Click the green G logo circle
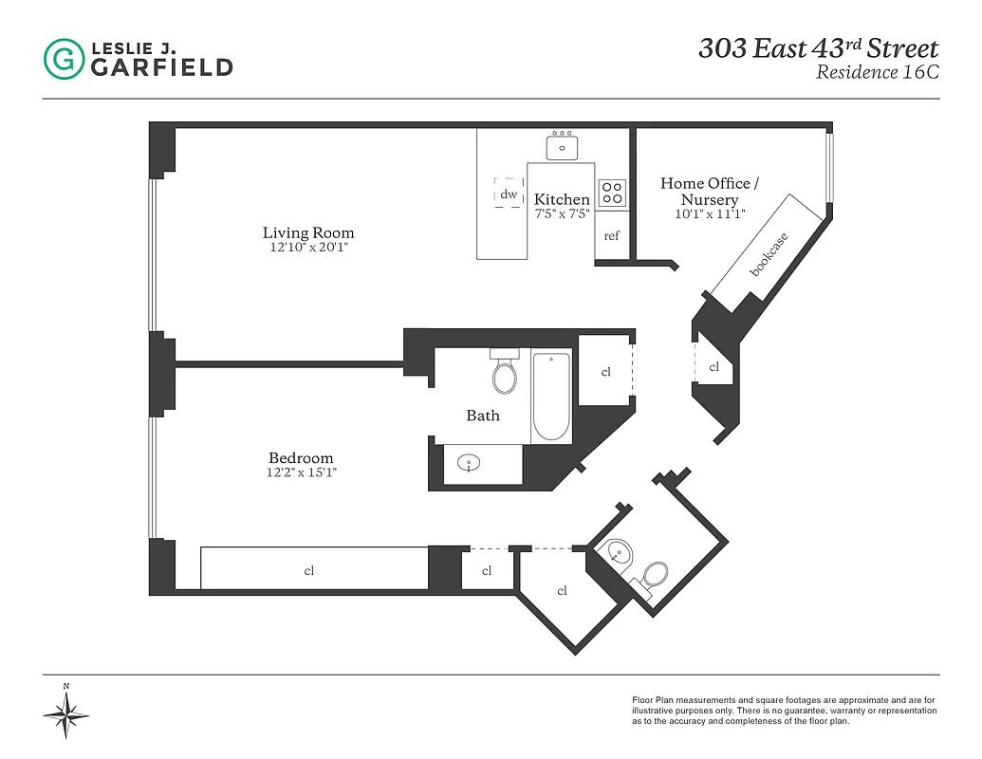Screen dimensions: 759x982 [64, 59]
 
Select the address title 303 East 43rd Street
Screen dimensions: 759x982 [818, 48]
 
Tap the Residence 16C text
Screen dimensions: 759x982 [877, 73]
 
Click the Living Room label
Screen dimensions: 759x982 [308, 232]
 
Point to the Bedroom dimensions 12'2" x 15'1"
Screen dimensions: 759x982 [301, 472]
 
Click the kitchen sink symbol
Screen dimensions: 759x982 [563, 147]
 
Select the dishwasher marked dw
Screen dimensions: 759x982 [509, 194]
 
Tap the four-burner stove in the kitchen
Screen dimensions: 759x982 [612, 193]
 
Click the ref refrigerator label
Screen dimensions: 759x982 [612, 235]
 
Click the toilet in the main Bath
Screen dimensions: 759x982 [506, 373]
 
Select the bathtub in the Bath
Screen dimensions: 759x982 [551, 397]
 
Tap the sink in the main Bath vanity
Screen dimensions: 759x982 [468, 464]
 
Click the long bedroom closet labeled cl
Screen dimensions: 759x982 [309, 570]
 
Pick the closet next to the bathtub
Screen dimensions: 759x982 [605, 372]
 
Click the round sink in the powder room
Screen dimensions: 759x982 [619, 553]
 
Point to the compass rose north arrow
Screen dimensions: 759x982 [66, 712]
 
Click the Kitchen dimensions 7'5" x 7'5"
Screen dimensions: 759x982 [562, 213]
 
